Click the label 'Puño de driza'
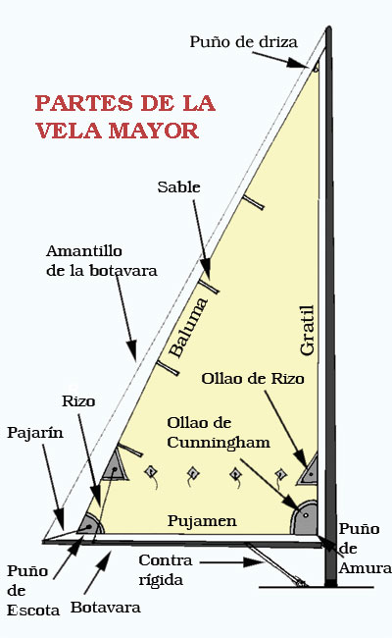tap(243, 42)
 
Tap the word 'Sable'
tap(178, 187)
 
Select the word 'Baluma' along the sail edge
tap(188, 328)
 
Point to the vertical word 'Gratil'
tap(308, 331)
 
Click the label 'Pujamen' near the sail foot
tap(202, 521)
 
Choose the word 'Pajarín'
tap(35, 432)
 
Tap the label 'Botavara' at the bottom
tap(106, 608)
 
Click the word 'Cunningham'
tap(219, 443)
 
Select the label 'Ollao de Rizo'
tap(253, 379)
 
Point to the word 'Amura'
tap(366, 568)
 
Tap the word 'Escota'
tap(33, 610)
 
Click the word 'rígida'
tap(161, 580)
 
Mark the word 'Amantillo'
tap(84, 251)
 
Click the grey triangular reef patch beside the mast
tap(309, 471)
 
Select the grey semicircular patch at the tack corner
tap(306, 519)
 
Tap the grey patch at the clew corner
tap(91, 525)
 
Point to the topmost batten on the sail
tap(254, 202)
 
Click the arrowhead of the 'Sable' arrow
tap(206, 270)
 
